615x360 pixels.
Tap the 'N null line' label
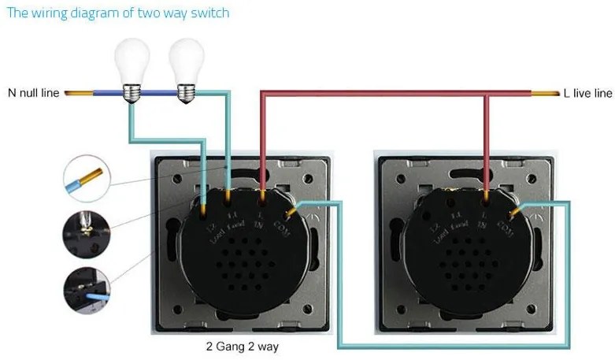[x=34, y=93]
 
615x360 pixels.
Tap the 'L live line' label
[x=587, y=93]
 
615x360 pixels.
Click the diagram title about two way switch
[x=118, y=13]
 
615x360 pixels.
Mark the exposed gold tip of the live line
[x=544, y=94]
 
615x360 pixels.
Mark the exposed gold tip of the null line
[x=78, y=94]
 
